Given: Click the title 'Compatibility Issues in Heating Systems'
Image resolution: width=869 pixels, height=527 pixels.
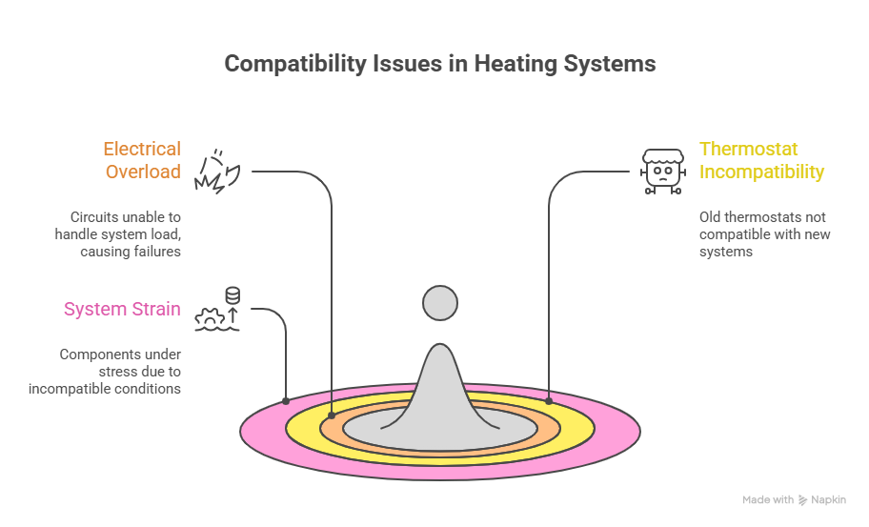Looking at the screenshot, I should click(440, 64).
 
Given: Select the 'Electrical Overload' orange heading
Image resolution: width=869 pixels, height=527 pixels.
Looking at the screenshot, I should click(142, 160).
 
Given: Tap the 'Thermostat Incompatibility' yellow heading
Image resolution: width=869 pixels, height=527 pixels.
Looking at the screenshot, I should click(761, 160).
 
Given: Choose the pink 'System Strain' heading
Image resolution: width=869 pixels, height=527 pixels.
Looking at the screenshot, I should click(122, 309).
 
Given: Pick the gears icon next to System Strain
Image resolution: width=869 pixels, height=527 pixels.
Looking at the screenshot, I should click(217, 310).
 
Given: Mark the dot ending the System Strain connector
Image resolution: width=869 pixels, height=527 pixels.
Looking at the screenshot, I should click(286, 400).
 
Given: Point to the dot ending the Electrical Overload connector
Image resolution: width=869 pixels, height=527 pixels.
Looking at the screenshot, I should click(331, 416).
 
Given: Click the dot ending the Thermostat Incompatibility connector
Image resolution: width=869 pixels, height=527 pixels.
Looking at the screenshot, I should click(549, 403).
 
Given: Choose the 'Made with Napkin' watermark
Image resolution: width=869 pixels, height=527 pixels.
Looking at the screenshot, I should click(793, 499).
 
